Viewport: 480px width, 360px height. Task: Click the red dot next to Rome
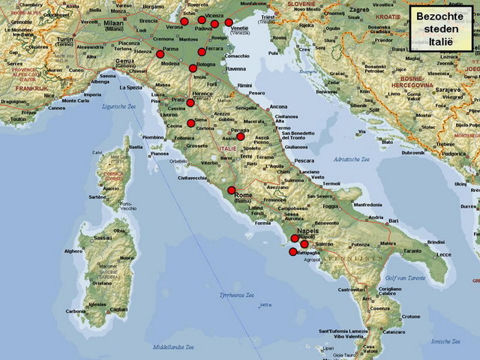click(232, 190)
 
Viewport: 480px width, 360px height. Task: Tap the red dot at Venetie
click(229, 22)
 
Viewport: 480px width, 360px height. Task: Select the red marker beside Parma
click(160, 54)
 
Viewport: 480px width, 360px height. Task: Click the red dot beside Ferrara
click(201, 52)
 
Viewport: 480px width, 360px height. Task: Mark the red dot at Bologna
click(193, 68)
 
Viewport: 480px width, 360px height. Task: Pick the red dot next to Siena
click(190, 123)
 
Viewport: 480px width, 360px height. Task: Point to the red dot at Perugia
click(241, 136)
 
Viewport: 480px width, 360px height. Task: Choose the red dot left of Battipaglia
click(292, 252)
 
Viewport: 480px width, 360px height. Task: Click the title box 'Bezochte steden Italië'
click(441, 27)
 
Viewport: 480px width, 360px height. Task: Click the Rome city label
click(244, 196)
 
